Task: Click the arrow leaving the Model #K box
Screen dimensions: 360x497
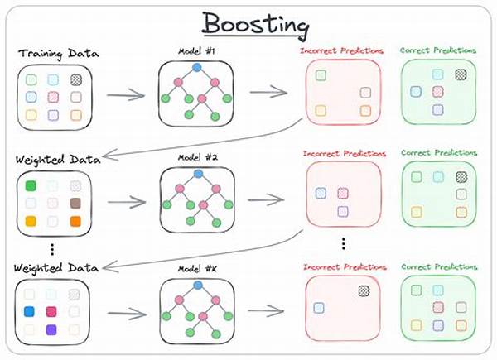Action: click(x=268, y=312)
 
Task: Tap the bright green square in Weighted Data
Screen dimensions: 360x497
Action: click(x=31, y=185)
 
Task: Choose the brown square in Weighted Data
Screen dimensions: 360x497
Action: click(x=75, y=203)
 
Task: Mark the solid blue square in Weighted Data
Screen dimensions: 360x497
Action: click(x=31, y=313)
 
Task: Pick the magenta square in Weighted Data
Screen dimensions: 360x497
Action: click(x=53, y=313)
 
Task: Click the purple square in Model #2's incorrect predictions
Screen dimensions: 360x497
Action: click(x=342, y=211)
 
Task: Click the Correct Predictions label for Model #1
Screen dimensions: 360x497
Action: click(x=438, y=50)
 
